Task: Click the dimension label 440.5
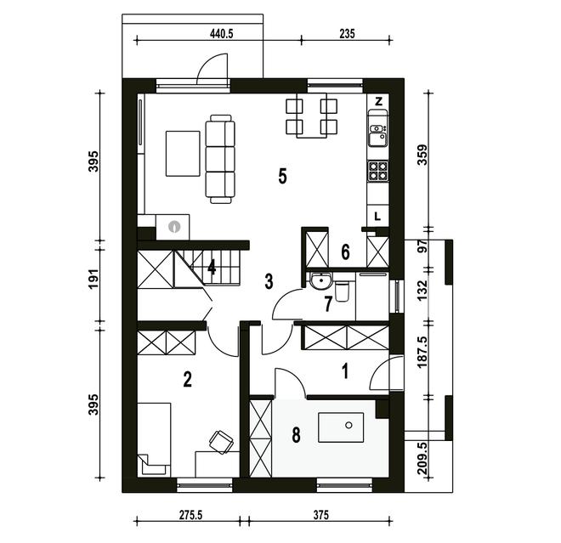click(x=222, y=34)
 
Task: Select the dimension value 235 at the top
click(x=347, y=34)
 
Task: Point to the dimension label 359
click(x=423, y=154)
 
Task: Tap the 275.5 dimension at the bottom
click(x=190, y=515)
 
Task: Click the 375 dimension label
click(x=321, y=515)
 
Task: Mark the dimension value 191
click(x=93, y=279)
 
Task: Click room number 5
click(x=283, y=176)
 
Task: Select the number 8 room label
click(x=297, y=435)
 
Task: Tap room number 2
click(x=187, y=379)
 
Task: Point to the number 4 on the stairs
click(x=212, y=267)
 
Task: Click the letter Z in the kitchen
click(x=378, y=101)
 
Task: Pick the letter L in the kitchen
click(x=377, y=217)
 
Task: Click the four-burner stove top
click(x=378, y=171)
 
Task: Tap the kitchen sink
click(x=378, y=135)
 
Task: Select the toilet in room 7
click(x=342, y=291)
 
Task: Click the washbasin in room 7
click(x=321, y=280)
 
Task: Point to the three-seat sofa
click(x=220, y=159)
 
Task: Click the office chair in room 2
click(x=221, y=442)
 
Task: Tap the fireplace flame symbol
click(x=174, y=226)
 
